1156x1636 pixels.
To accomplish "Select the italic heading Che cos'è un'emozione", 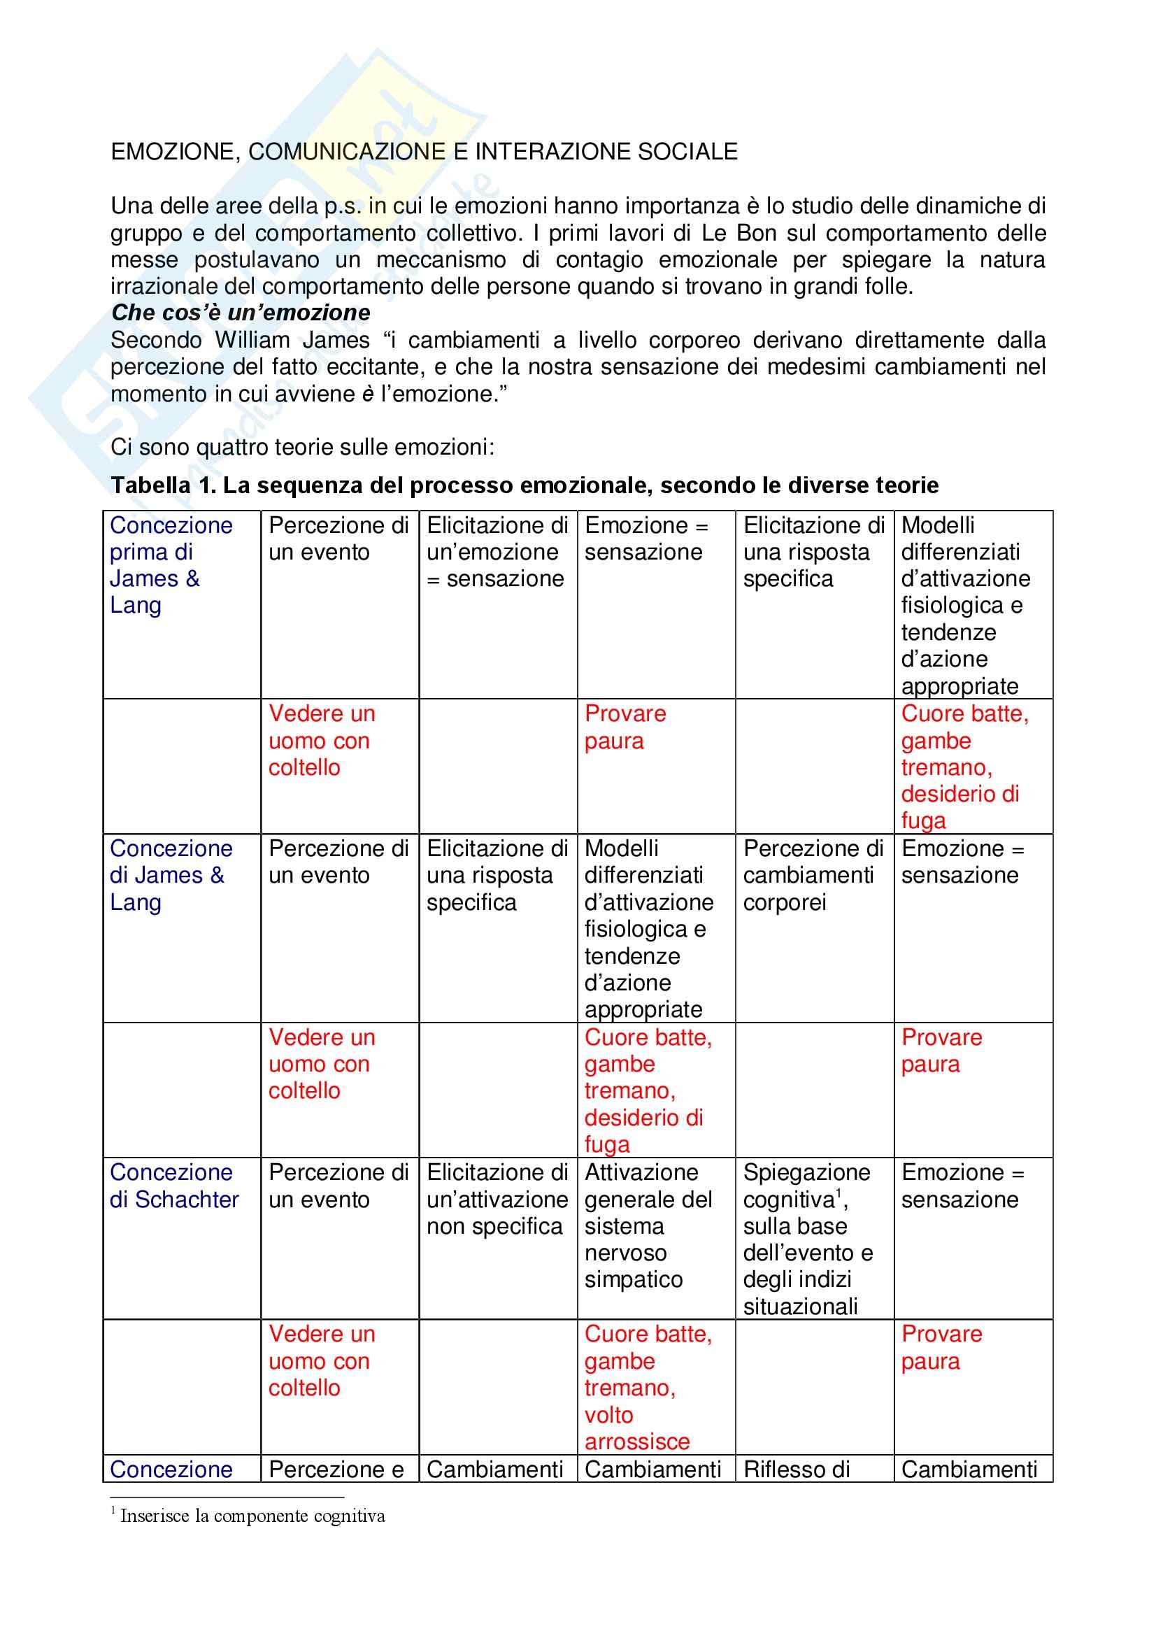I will tap(241, 313).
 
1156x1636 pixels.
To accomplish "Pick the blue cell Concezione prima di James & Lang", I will tap(171, 565).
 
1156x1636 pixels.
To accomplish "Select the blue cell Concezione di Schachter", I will tap(174, 1186).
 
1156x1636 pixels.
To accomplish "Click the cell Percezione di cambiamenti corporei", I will tap(813, 875).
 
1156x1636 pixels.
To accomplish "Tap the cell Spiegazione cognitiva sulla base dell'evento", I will tap(807, 1239).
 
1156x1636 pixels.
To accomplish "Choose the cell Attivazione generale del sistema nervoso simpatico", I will tap(648, 1225).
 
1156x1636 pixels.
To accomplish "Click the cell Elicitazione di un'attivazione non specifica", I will tap(497, 1200).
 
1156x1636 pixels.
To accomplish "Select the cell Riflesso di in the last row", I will tap(797, 1470).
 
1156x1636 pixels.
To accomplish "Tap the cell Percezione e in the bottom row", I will tap(336, 1470).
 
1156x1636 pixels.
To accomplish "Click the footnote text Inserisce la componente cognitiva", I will tap(252, 1516).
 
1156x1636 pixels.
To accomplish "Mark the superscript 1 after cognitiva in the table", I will tap(839, 1193).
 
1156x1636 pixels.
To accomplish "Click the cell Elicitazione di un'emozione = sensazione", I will tap(497, 553).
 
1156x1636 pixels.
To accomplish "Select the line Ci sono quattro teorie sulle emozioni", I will tap(302, 448).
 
